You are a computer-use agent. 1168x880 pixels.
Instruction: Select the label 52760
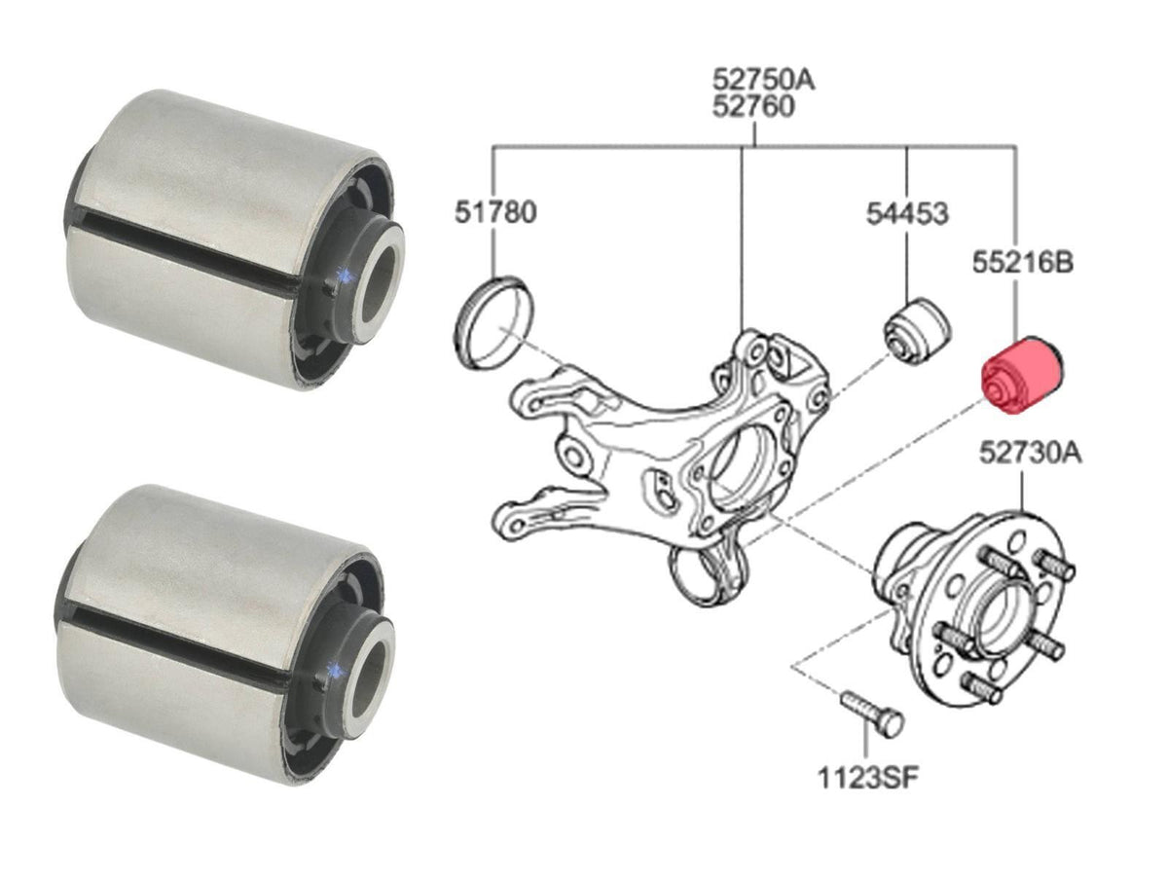point(752,107)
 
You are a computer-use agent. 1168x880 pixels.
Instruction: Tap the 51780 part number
point(495,212)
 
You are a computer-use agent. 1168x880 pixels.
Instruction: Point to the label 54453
point(907,213)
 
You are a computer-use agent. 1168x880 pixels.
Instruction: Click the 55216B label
point(1023,262)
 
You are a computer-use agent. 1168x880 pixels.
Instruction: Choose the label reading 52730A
point(1031,454)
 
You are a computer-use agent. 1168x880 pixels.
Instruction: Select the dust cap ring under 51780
point(493,322)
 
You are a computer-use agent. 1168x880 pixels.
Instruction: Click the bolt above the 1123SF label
point(872,713)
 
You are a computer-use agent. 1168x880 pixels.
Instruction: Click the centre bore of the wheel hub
point(1000,616)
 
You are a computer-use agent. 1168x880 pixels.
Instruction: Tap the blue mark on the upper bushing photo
point(345,275)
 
